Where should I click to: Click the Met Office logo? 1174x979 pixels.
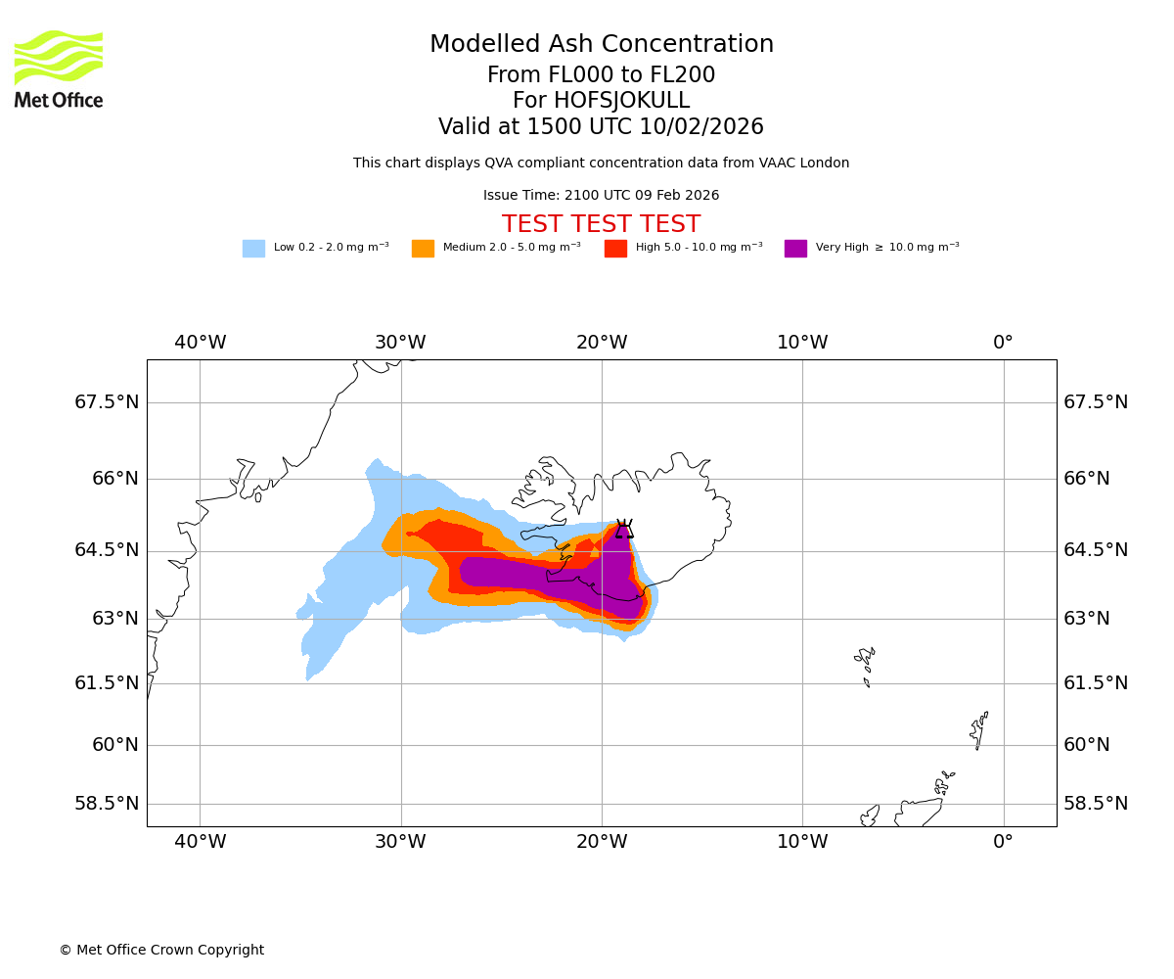59,69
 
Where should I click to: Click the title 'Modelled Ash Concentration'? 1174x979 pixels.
601,45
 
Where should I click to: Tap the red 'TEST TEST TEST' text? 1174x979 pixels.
601,224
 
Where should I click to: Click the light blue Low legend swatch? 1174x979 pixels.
253,248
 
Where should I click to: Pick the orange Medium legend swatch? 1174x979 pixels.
423,248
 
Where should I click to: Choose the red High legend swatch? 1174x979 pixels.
615,248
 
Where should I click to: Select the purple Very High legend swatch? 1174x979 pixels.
795,248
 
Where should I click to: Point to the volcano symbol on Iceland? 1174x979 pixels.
623,529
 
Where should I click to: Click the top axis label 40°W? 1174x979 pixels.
201,343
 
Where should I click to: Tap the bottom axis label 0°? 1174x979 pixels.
1003,841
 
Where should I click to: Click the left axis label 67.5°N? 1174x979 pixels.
107,402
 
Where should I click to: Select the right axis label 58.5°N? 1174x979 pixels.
1096,804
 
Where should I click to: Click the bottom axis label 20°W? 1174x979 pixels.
602,841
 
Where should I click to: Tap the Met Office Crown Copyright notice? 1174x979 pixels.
161,950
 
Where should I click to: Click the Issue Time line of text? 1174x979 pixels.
601,195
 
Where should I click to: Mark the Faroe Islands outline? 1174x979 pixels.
866,664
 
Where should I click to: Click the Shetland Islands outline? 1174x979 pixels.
979,729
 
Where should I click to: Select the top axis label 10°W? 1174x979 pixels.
802,343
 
